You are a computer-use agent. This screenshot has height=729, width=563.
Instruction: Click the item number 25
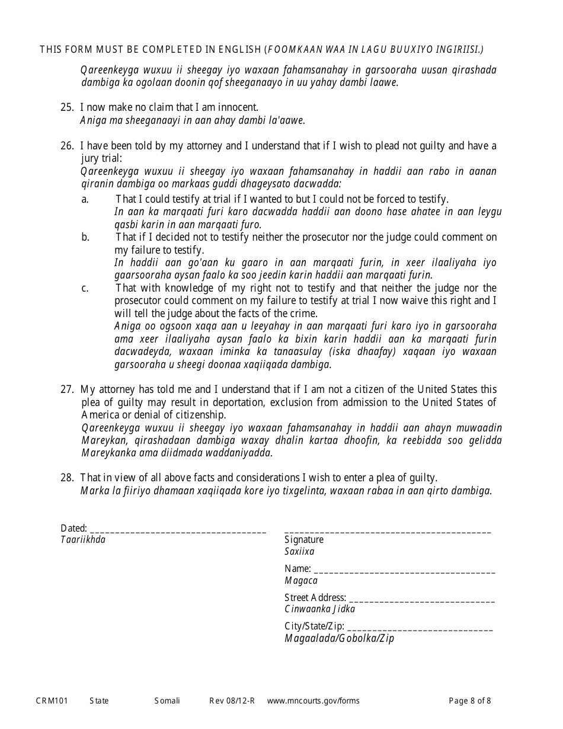pos(66,108)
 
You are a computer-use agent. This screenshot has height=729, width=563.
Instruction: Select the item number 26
pos(66,146)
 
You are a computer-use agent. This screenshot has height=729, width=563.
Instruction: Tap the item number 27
pos(66,390)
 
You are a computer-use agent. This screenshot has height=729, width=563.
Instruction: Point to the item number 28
pos(66,478)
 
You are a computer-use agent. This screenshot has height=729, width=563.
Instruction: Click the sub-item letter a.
pos(85,199)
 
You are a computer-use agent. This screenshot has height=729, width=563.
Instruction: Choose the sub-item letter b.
pos(85,237)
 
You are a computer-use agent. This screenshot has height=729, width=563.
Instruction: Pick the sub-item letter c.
pos(85,288)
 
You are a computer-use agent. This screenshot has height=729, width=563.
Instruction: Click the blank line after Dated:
pos(178,530)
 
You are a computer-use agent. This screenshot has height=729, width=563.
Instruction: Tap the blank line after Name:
pos(405,571)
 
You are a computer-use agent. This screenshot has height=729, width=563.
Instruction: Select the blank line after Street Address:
pos(422,599)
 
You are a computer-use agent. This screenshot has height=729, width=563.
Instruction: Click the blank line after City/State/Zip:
pos(420,628)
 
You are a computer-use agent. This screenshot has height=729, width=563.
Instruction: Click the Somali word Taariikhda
pos(83,540)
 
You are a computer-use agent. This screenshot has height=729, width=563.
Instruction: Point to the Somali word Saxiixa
pos(299,552)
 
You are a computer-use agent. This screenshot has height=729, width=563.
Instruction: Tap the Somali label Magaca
pos(301,581)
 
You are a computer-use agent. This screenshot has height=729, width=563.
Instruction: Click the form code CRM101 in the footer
pos(52,701)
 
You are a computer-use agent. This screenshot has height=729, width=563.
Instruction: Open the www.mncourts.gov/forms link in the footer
pos(313,701)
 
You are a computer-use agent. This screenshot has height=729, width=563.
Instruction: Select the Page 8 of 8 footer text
pos(470,701)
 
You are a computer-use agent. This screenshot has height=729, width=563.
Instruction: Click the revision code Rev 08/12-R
pos(232,701)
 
